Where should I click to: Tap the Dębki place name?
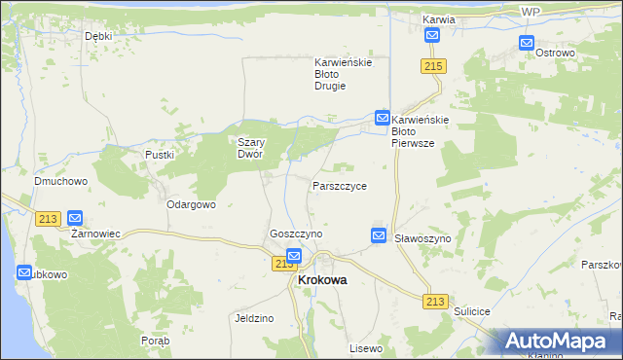pos(98,36)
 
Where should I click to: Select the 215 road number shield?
pos(434,65)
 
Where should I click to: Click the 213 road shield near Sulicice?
pos(435,303)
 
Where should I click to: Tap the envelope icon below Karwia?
pos(432,36)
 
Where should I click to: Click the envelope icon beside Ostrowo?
pos(527,43)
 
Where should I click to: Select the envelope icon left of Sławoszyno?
pos(379,235)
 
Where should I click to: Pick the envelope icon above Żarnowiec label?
pos(75,219)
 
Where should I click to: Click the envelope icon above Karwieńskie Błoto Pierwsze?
pos(383,118)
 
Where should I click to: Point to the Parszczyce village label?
pos(340,185)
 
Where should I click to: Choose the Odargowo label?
pos(191,204)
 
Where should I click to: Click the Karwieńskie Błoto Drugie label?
pos(343,74)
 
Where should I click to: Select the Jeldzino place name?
pos(254,318)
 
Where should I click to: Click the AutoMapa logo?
pos(559,342)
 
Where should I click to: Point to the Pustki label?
pos(159,155)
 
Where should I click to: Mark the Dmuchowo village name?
pos(61,181)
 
